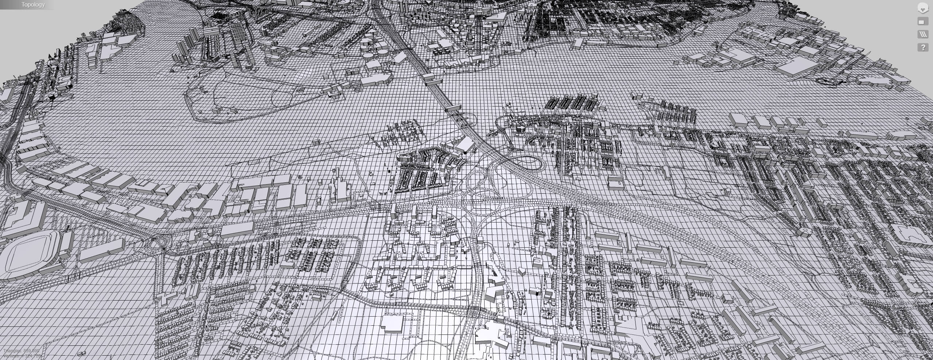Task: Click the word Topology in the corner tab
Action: (33, 5)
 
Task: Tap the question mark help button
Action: (923, 47)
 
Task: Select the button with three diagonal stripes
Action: (923, 34)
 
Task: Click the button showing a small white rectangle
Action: (923, 22)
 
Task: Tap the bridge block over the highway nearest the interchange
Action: (453, 108)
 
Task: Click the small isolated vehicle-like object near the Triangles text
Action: (83, 353)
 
